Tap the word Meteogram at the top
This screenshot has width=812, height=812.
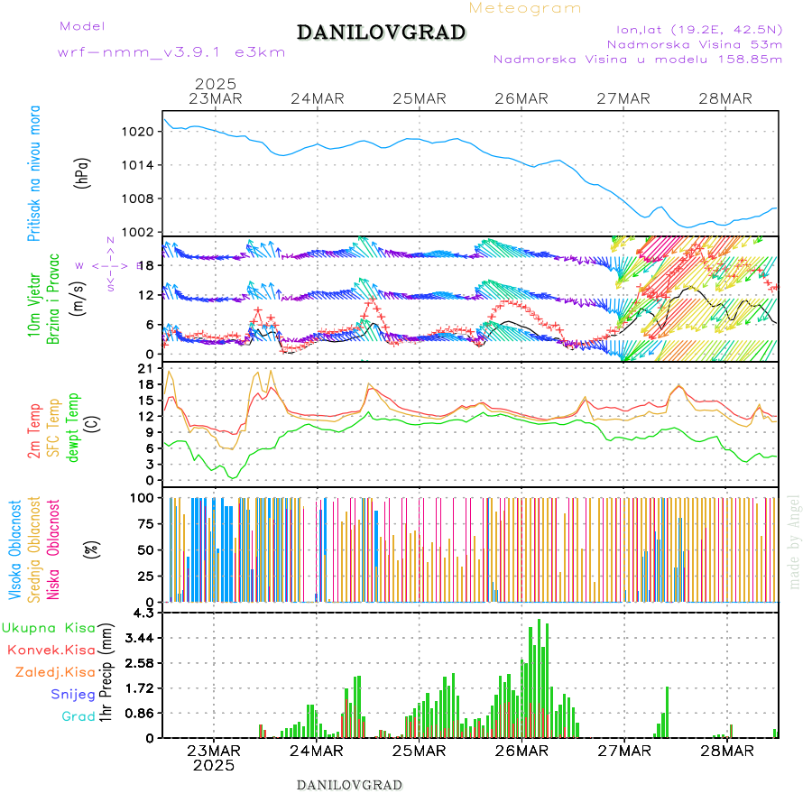coord(525,8)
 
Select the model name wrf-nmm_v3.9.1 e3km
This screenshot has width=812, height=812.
coord(171,52)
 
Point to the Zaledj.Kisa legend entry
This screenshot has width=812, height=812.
coord(55,672)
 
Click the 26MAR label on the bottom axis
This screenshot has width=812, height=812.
coord(521,751)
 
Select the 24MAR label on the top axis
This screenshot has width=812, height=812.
coord(317,98)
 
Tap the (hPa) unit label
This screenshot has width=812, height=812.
coord(83,172)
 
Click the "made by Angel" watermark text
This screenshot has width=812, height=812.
coord(795,541)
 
